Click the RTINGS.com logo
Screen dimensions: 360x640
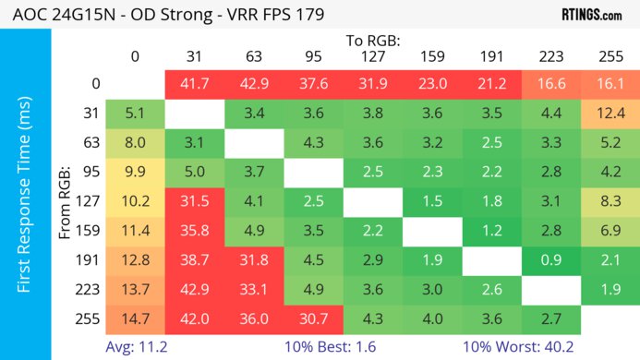pos(591,16)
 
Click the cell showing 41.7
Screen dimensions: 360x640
pos(193,84)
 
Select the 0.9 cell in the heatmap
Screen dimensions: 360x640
pos(549,261)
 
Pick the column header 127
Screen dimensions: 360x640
pos(371,56)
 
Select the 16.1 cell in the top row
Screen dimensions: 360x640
pos(608,84)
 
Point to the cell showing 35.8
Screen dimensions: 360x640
pos(193,232)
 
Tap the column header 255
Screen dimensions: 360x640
pos(608,56)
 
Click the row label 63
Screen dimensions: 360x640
pos(89,143)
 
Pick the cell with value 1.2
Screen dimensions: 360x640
pos(489,232)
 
